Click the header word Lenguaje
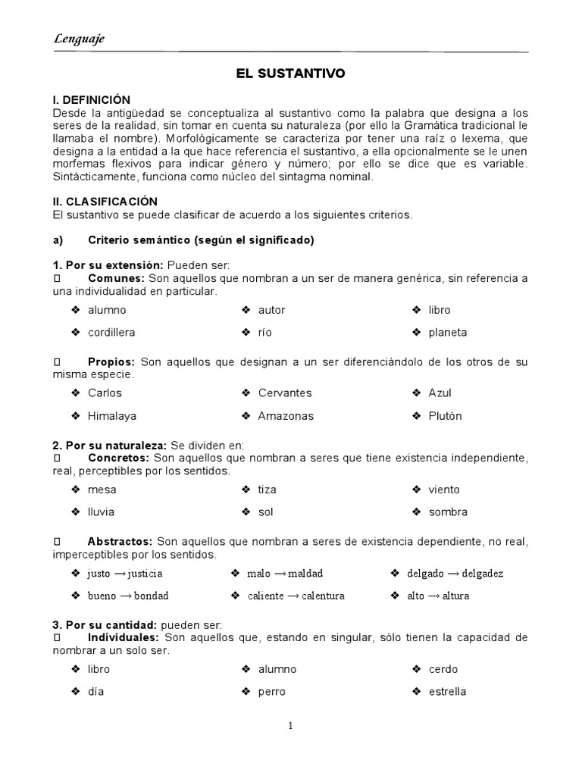pos(79,39)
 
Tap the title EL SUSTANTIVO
pos(290,74)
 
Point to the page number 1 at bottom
pos(290,726)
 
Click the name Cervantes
pos(284,393)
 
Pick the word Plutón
pos(445,416)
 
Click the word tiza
pos(267,490)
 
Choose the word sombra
pos(448,512)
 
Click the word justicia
pos(145,574)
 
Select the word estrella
pos(447,692)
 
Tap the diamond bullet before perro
pos(246,692)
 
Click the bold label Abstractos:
pos(120,541)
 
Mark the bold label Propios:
pos(111,362)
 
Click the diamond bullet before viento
pos(416,490)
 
